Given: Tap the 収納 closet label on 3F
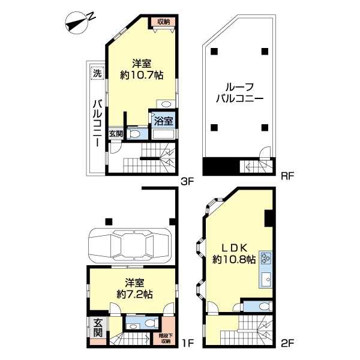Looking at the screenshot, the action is tap(163, 22).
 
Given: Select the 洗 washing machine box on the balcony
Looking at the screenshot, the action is tap(97, 73).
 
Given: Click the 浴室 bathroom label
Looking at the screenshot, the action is tap(163, 121).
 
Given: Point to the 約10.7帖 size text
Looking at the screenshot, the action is tap(142, 75).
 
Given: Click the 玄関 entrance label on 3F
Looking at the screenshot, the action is tap(116, 134).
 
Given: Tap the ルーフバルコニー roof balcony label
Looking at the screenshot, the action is tap(239, 93).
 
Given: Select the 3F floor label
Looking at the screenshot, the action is tap(187, 182).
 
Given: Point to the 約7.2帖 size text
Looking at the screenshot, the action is tap(134, 294).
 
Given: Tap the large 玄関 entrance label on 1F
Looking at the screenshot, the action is tap(98, 328).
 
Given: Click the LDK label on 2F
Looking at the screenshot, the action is tap(234, 248).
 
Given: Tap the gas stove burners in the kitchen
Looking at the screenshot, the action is tap(266, 258).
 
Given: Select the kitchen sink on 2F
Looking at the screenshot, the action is tap(266, 279).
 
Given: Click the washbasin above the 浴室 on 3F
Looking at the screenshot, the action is tap(166, 104).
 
